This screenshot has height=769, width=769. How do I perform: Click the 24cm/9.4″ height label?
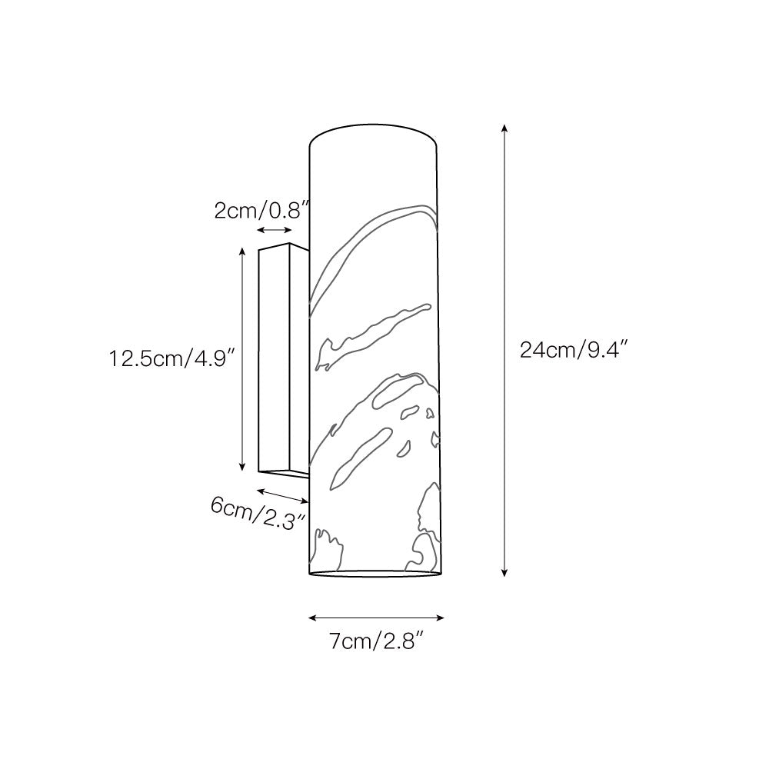tap(574, 351)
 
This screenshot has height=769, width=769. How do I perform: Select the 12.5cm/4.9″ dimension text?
tap(171, 358)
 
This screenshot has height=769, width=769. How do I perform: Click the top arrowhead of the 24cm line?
tap(504, 127)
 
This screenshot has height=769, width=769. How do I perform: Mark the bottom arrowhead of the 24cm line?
tap(504, 572)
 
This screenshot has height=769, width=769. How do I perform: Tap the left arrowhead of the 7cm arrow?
tap(311, 617)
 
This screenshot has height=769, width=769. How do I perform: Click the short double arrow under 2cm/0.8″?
tap(275, 231)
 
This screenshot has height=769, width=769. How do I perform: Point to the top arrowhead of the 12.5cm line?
tap(242, 251)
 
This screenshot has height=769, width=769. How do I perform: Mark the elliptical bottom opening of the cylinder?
tap(375, 574)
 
